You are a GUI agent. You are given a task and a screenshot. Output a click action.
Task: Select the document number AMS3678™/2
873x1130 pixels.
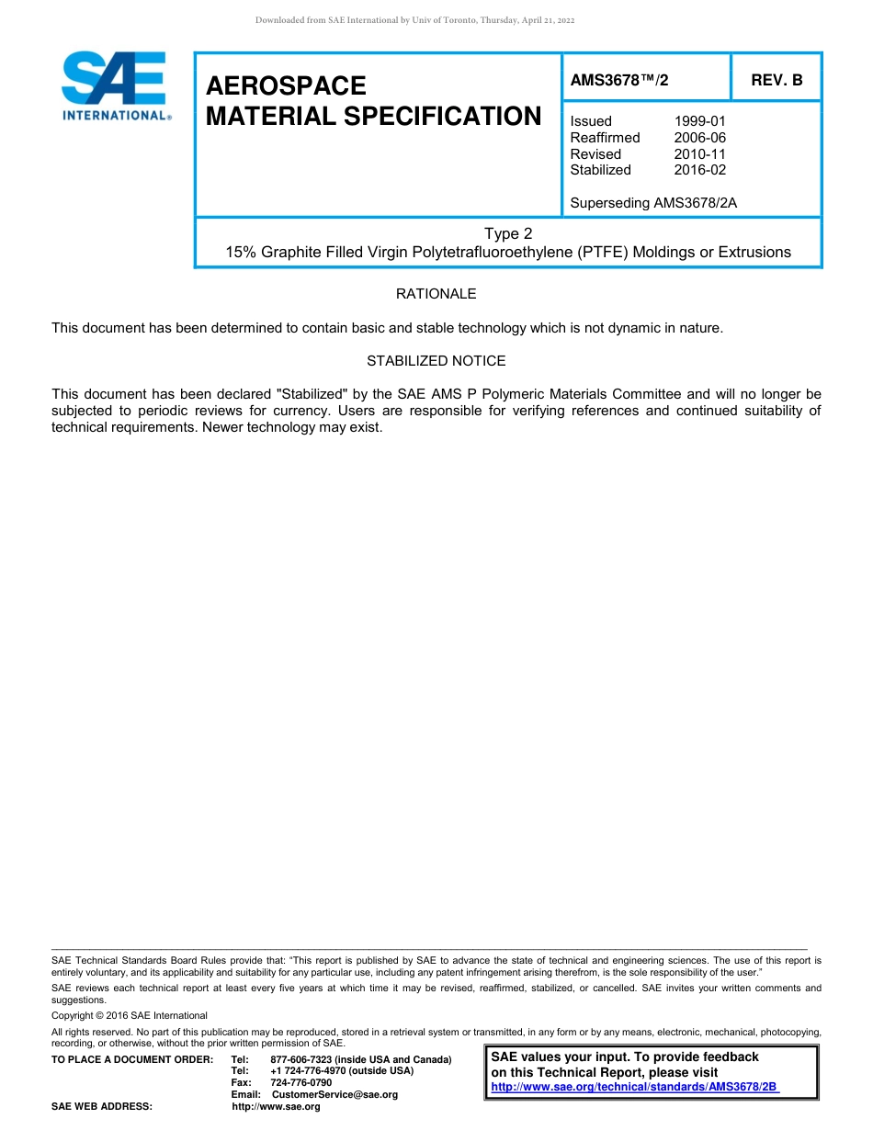coord(619,80)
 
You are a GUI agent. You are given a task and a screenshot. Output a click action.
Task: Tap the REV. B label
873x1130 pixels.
coord(777,80)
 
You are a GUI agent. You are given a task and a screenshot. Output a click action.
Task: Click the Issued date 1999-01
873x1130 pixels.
coord(699,121)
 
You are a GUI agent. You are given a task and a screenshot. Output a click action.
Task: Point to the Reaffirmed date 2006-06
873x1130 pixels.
coord(699,138)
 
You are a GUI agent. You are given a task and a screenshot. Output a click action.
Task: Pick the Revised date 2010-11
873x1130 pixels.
coord(699,154)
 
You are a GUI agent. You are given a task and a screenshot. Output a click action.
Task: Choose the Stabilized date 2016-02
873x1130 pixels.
coord(699,170)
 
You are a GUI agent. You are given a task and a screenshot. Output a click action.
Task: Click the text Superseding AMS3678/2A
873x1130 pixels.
coord(653,203)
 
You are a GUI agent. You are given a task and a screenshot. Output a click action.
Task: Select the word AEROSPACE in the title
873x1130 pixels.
coord(286,85)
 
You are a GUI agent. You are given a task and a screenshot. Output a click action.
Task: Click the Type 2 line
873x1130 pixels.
coord(508,233)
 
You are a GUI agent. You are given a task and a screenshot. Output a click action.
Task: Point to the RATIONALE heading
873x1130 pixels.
coord(436,294)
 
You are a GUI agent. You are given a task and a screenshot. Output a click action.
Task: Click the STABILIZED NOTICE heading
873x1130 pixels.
coord(436,361)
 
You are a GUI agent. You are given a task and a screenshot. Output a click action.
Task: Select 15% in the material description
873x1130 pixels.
coord(242,252)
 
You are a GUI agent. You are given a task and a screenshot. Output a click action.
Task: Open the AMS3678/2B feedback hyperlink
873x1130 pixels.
coord(634,1087)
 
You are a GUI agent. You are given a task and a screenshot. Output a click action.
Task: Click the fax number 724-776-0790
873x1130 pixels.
coord(301,1083)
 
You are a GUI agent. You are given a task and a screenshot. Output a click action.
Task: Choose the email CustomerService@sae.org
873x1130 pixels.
coord(335,1095)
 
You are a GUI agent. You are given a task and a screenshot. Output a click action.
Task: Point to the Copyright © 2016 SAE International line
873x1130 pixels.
coord(130,1016)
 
